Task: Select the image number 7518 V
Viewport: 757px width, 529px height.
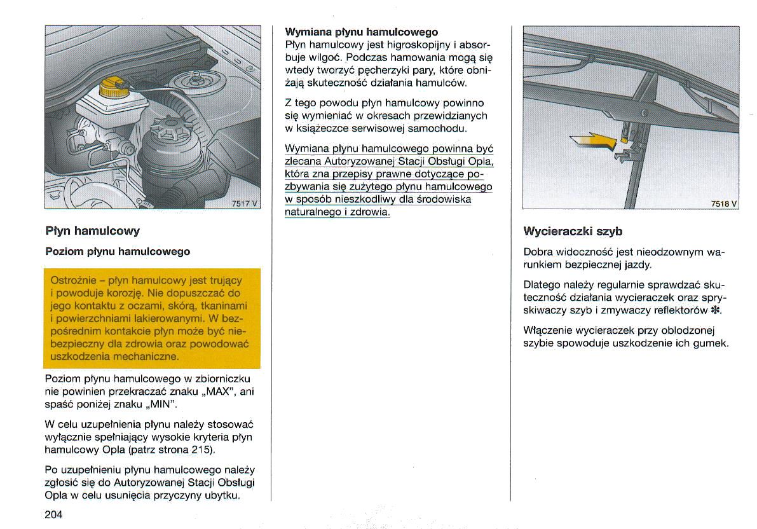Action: (x=723, y=203)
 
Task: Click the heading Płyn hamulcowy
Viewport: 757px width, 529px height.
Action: (x=93, y=230)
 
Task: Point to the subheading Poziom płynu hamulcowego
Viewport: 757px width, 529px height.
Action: (x=118, y=252)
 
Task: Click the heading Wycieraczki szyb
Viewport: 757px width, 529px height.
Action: (x=573, y=231)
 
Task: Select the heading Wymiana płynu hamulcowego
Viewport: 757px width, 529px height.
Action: (x=362, y=32)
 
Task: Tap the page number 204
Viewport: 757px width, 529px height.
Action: (x=54, y=514)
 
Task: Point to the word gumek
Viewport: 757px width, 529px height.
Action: (x=713, y=343)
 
